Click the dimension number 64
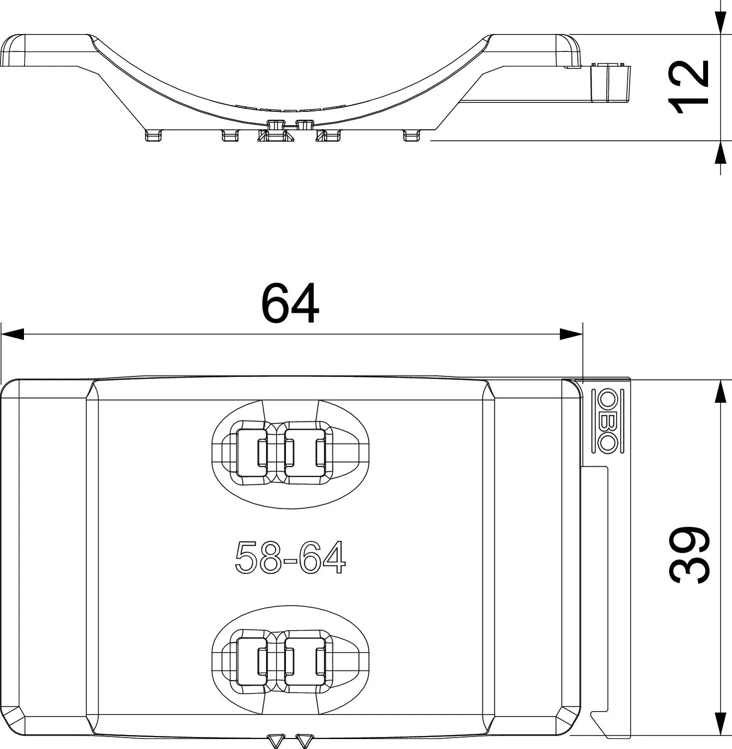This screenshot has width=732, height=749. tap(290, 303)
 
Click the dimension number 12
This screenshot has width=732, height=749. tap(689, 87)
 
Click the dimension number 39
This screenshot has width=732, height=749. tap(689, 554)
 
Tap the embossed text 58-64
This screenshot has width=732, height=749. tap(290, 558)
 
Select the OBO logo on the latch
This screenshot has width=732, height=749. tap(607, 420)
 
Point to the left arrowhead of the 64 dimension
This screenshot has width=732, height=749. tap(12, 334)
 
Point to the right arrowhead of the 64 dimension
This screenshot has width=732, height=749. tap(571, 334)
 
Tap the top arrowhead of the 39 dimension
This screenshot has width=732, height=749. tap(720, 391)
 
